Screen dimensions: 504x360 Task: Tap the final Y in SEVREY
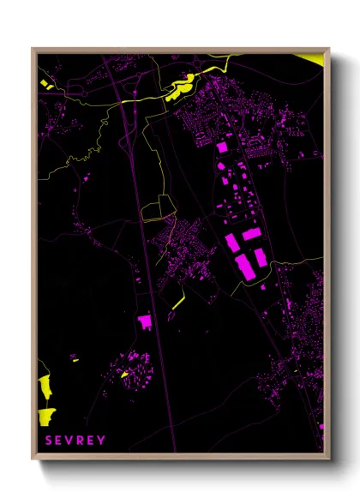(102, 441)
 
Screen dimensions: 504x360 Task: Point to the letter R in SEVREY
(80, 441)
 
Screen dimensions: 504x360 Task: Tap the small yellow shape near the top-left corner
(45, 83)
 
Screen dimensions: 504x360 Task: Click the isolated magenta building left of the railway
(144, 321)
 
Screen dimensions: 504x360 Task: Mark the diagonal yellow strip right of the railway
(177, 303)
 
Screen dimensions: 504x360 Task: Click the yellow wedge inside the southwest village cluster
(124, 374)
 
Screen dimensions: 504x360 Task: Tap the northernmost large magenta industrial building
(222, 147)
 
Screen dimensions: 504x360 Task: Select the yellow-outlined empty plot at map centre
(159, 208)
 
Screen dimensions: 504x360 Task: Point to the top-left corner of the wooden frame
(33, 49)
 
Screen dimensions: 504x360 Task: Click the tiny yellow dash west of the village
(75, 361)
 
